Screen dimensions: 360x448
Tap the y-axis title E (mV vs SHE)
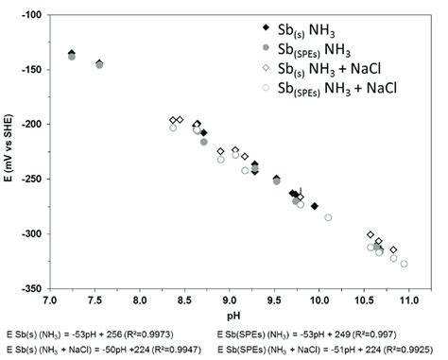pos(10,151)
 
